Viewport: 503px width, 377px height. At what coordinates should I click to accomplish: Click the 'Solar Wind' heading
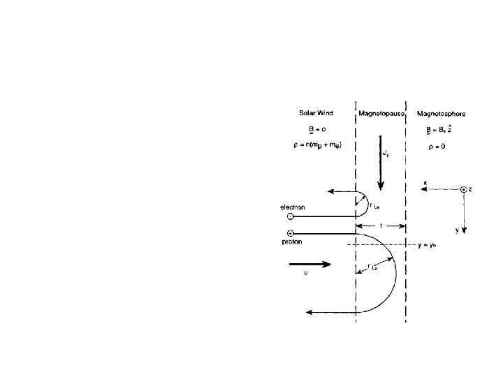tap(313, 112)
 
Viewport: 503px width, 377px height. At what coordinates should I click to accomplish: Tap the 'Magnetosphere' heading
tap(441, 112)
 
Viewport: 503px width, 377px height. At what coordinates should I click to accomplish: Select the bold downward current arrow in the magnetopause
tap(381, 168)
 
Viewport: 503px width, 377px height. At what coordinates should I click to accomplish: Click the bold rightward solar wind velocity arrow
tap(306, 265)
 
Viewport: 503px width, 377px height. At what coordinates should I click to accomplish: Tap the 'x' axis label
tap(425, 184)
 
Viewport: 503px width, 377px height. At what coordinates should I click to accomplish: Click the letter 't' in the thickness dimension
tap(380, 226)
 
